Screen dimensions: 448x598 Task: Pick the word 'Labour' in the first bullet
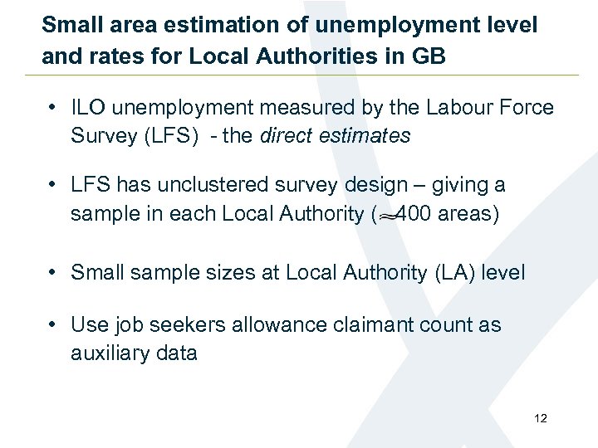pos(456,108)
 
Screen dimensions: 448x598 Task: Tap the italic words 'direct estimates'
pos(336,136)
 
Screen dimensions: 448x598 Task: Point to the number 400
pos(412,213)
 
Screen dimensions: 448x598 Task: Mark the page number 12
pos(541,418)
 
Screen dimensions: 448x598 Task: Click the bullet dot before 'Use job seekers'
pos(52,324)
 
